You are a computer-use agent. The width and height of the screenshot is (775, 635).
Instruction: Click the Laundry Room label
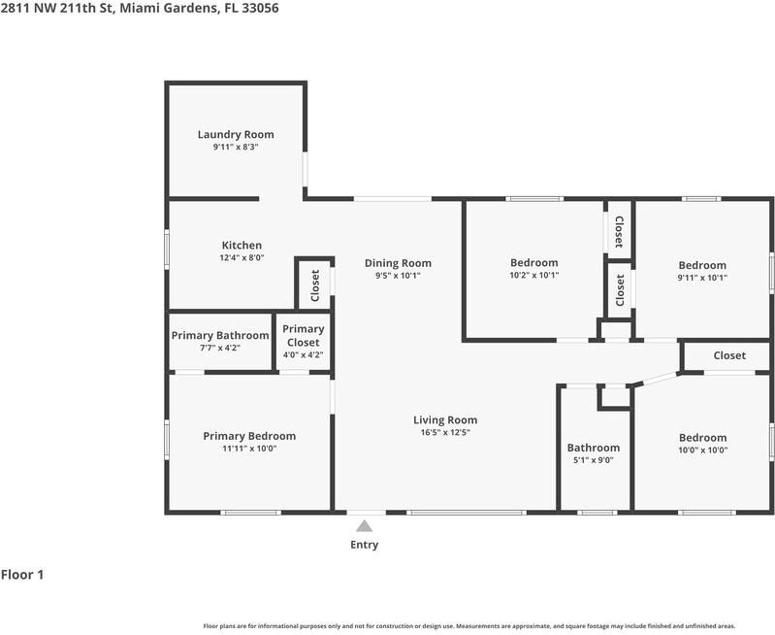click(236, 135)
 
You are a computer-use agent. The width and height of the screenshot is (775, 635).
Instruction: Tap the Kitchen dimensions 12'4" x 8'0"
click(242, 258)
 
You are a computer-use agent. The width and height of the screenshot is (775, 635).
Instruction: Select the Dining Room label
click(398, 263)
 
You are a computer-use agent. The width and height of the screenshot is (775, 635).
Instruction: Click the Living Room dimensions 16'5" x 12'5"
click(445, 433)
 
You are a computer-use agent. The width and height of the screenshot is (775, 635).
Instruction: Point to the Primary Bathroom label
click(220, 336)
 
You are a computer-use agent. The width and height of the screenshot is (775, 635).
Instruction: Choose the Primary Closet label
click(303, 336)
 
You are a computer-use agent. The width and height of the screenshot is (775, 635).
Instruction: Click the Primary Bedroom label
click(249, 436)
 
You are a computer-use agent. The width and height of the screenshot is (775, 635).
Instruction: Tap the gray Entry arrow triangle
click(364, 526)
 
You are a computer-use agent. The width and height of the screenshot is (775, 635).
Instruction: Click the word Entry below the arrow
click(364, 545)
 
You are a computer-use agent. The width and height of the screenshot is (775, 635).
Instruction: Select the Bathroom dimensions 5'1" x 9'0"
click(593, 460)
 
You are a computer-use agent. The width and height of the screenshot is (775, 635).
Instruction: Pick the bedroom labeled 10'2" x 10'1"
click(533, 269)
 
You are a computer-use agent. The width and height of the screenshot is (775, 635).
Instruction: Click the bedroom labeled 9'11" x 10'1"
click(702, 271)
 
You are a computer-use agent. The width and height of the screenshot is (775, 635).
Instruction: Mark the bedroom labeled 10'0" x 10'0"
click(702, 444)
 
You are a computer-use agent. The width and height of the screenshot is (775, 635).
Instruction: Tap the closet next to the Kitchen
click(315, 284)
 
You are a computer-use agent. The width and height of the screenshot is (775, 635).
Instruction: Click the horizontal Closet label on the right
click(729, 355)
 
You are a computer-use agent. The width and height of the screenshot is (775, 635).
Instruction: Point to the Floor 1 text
click(22, 575)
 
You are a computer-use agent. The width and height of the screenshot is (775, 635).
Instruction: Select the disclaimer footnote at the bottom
click(468, 626)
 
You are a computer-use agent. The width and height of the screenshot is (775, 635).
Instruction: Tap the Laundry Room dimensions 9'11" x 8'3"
click(236, 147)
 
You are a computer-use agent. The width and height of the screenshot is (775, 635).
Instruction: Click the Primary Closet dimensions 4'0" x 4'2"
click(303, 354)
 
